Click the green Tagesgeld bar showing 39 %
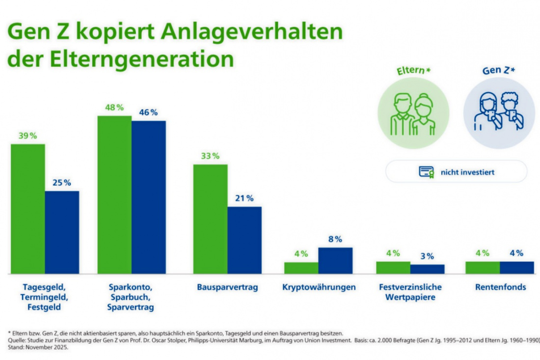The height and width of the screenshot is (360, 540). tap(28, 209)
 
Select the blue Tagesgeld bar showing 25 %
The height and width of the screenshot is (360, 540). tap(62, 232)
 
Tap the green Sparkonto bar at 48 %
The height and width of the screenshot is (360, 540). tap(114, 194)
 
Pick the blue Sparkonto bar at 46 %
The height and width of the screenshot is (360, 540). tap(149, 197)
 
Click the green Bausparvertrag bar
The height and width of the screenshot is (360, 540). tap(210, 219)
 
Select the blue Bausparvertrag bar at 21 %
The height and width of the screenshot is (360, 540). tap(244, 240)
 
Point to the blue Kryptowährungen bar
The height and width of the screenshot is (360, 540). tap(335, 260)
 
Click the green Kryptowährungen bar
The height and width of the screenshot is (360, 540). tap(301, 268)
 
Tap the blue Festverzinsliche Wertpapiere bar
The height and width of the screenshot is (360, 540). tap(427, 269)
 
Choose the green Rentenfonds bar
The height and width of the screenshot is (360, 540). tap(483, 267)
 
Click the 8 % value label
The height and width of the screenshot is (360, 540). tap(335, 239)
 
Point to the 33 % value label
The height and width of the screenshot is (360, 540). tap(210, 156)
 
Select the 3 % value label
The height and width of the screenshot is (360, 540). tap(427, 256)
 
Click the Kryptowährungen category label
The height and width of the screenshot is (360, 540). tap(319, 287)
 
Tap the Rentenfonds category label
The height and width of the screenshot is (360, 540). tap(500, 287)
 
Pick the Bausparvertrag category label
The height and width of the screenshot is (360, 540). tap(227, 287)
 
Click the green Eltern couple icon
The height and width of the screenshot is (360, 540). tap(413, 113)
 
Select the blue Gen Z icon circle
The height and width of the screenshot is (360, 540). tap(499, 113)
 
